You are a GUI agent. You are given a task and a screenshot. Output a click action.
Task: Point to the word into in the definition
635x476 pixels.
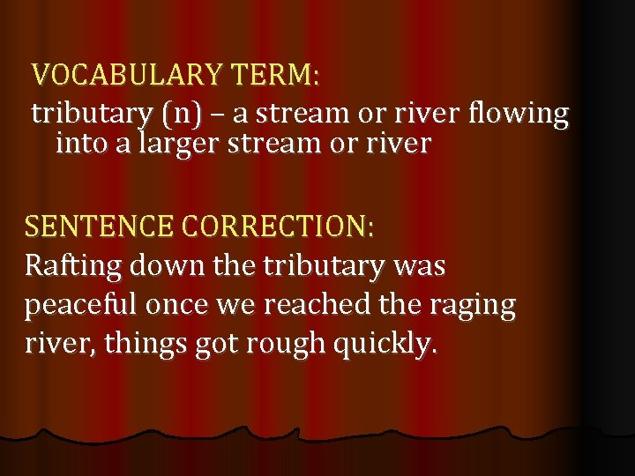click(80, 144)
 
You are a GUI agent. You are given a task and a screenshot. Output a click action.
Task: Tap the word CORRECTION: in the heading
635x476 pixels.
click(278, 227)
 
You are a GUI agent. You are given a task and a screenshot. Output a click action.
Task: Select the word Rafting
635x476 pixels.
click(74, 265)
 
